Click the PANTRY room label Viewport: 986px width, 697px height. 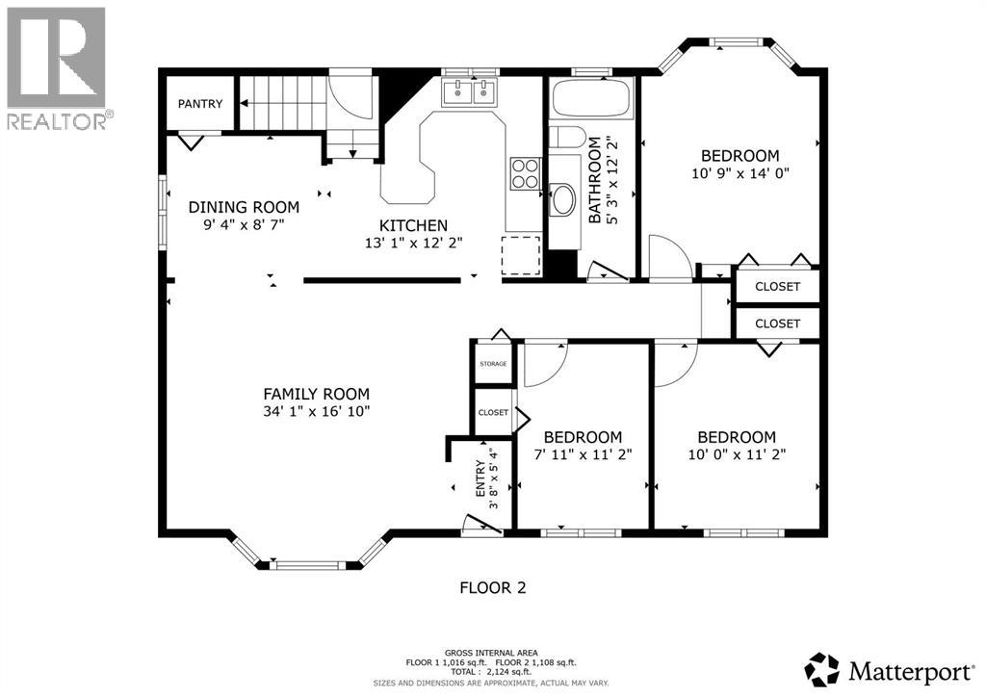[200, 104]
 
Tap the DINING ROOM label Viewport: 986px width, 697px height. [244, 207]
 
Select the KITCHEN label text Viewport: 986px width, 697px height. [413, 225]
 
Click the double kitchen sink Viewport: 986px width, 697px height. [469, 92]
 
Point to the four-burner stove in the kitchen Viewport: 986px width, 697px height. [525, 173]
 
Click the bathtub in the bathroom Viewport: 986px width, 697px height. [590, 98]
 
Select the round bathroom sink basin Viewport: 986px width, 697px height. [562, 198]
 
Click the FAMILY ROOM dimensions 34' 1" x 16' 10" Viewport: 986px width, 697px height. [316, 412]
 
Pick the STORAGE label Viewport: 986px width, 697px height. [493, 364]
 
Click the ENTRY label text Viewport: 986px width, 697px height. [480, 478]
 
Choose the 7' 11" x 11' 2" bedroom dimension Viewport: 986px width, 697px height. [583, 453]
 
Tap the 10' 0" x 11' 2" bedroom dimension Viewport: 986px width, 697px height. [737, 453]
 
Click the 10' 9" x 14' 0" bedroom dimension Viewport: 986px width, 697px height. [740, 173]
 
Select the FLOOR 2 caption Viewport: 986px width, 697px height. [493, 588]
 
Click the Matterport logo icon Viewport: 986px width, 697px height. [822, 670]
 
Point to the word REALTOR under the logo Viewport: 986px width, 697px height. [57, 120]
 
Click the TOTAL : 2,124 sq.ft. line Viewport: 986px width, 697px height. [491, 672]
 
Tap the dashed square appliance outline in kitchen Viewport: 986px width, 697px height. [521, 256]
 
